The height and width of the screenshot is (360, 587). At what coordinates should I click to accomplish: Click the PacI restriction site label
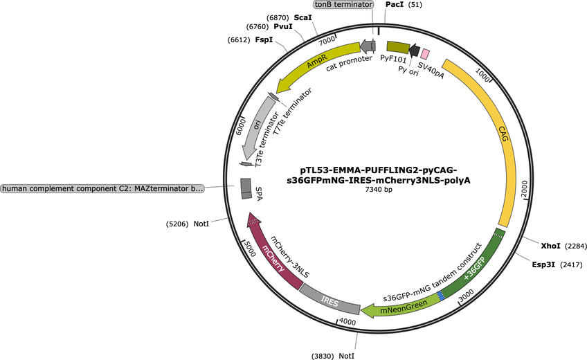[395, 5]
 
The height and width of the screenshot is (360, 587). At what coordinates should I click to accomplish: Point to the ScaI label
[302, 16]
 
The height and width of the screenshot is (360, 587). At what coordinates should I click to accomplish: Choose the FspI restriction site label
[264, 41]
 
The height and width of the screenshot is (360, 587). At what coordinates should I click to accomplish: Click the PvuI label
[283, 27]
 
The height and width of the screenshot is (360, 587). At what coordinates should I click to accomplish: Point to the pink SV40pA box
[426, 54]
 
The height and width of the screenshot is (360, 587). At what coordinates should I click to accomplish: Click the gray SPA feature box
[246, 188]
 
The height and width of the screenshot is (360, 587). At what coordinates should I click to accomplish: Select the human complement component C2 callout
[102, 188]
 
